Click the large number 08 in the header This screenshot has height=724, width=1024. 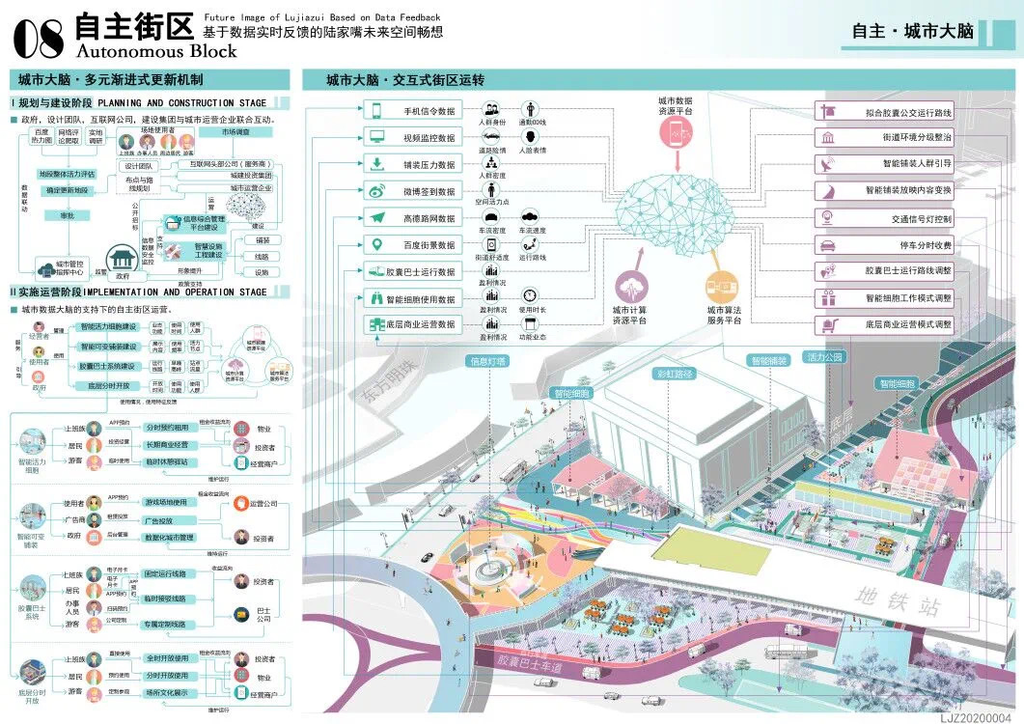39,37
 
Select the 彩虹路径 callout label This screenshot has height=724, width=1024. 676,373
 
